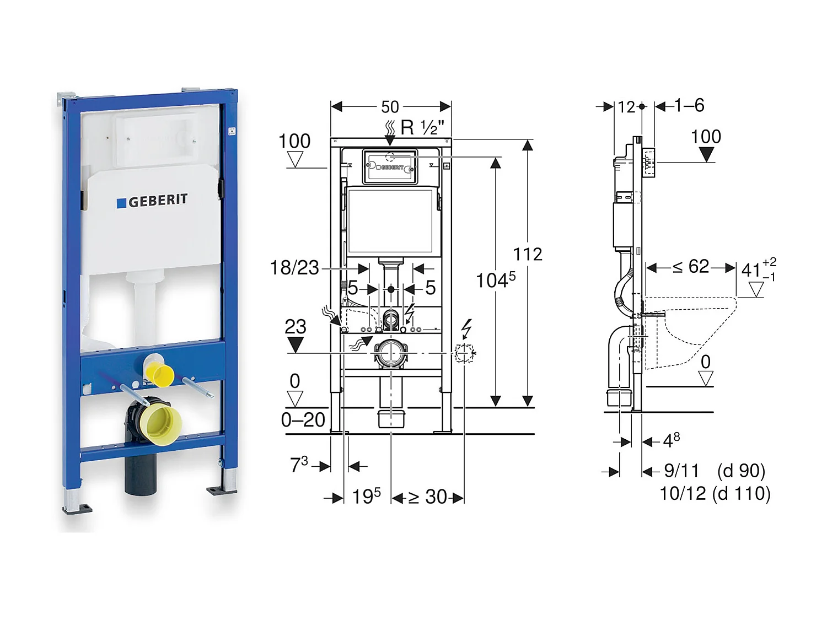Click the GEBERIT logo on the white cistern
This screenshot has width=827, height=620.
click(152, 201)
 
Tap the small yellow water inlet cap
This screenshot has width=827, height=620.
click(160, 374)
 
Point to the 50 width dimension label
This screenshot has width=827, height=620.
click(390, 107)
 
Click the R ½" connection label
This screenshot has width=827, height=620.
click(422, 128)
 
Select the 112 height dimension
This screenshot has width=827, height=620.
click(528, 254)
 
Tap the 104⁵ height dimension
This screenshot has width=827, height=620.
click(495, 280)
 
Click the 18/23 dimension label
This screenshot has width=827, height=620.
click(294, 268)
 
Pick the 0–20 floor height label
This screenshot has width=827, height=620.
click(303, 420)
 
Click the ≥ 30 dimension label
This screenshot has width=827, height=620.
click(428, 497)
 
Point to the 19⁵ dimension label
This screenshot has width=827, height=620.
click(366, 497)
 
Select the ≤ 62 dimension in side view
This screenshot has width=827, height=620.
click(691, 267)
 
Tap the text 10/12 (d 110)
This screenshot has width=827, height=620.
click(715, 493)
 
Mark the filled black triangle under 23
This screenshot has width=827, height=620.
click(296, 345)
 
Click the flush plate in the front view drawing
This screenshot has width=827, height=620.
click(390, 166)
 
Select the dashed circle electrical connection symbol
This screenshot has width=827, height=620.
click(464, 353)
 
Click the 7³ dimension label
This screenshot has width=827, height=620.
click(299, 465)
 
